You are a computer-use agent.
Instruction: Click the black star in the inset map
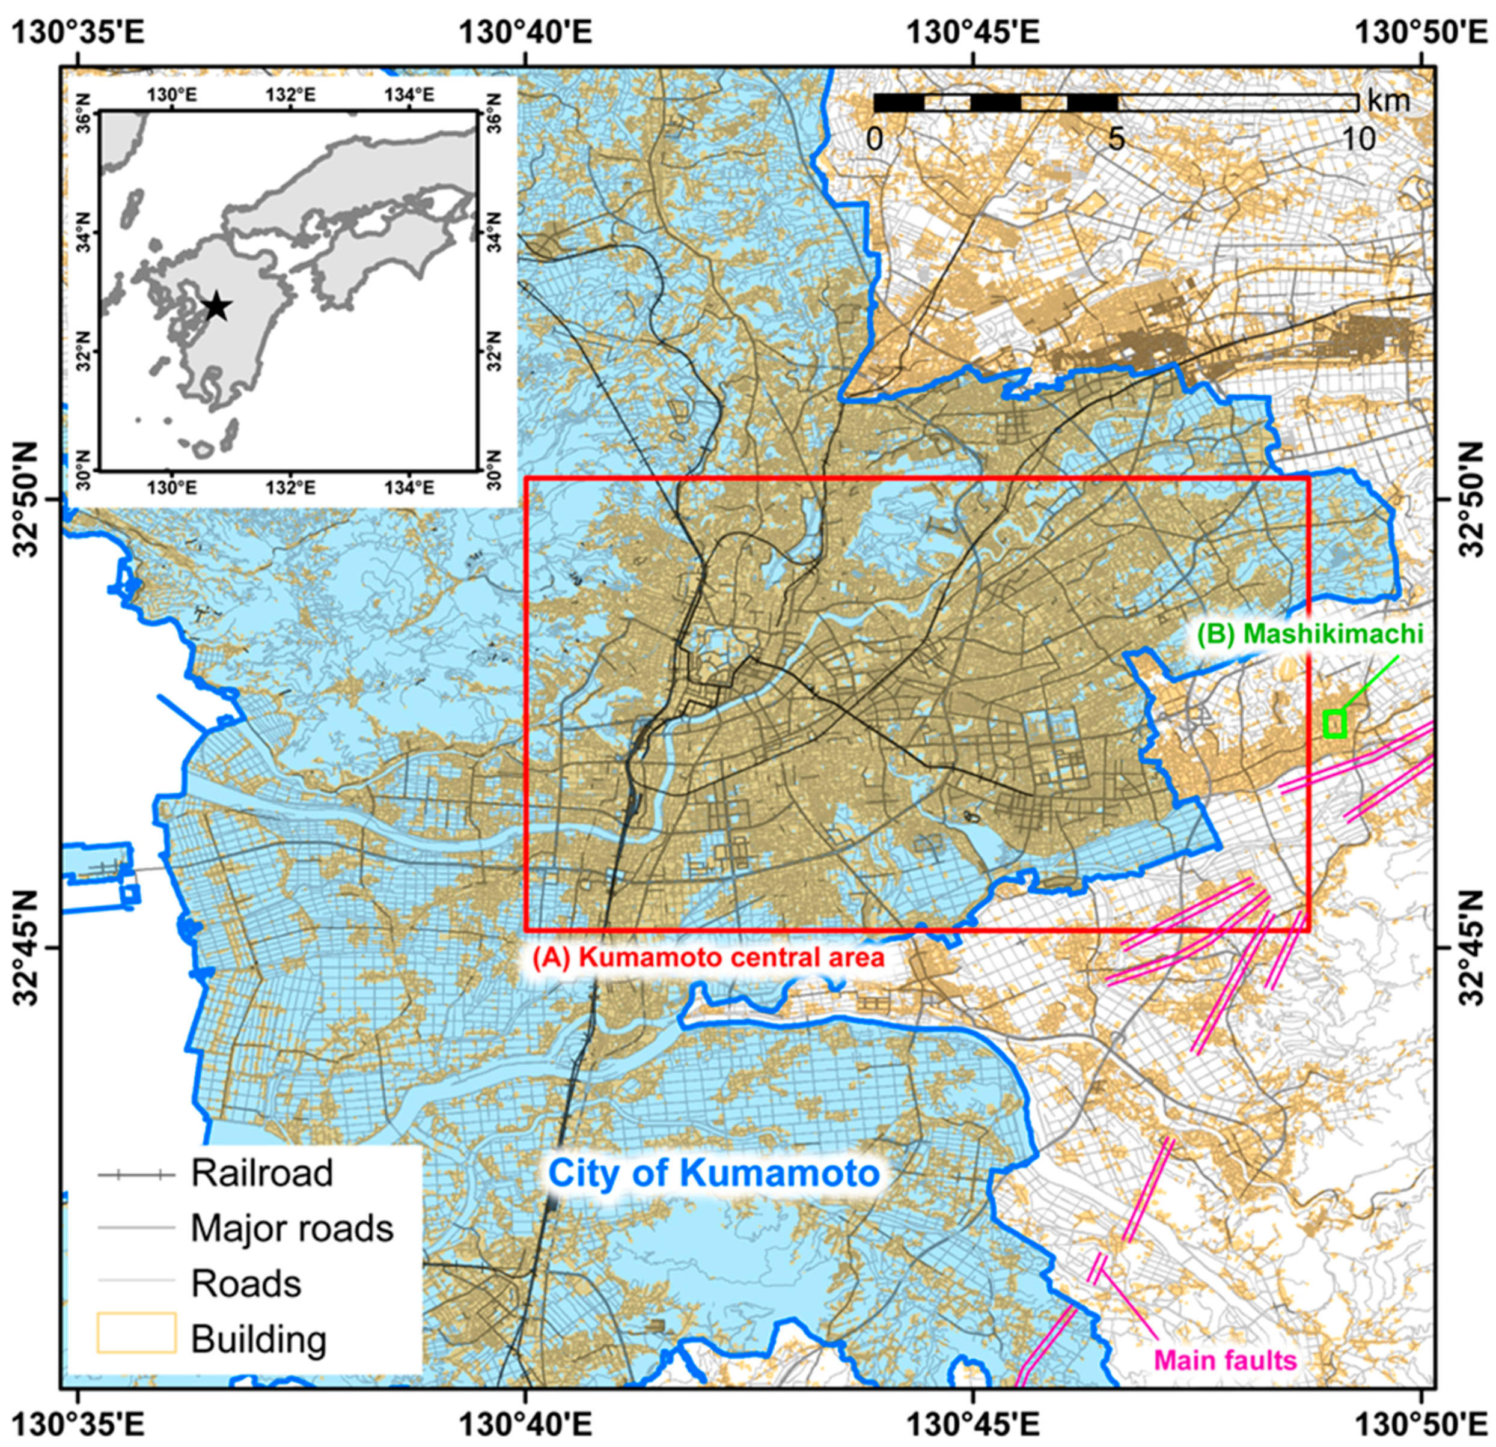point(218,307)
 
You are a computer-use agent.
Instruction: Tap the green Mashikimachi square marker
point(1334,723)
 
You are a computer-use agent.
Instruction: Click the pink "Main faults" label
point(1225,1359)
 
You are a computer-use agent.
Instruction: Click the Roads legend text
point(246,1284)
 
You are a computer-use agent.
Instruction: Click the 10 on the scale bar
point(1358,139)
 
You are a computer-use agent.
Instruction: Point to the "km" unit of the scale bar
point(1388,100)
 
